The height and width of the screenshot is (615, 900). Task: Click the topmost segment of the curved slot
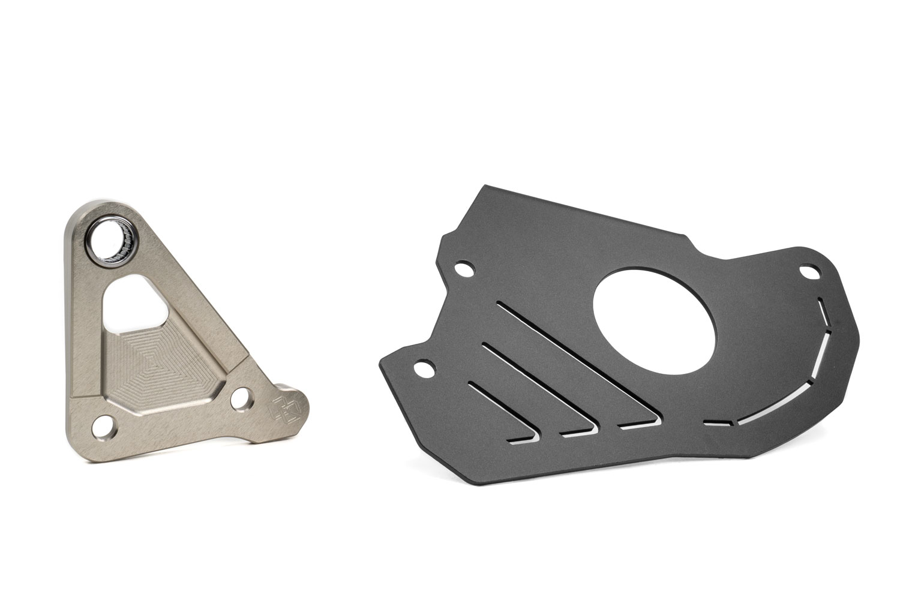[818, 313]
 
